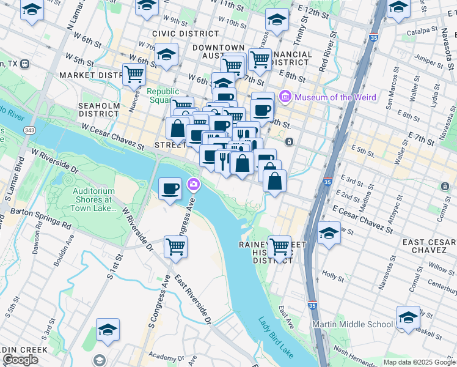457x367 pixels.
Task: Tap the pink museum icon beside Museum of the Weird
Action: (284, 97)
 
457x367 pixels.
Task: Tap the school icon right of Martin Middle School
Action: (408, 317)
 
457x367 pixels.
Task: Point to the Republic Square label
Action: (162, 96)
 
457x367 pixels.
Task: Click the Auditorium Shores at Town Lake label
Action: (93, 199)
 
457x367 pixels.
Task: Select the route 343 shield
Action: (30, 130)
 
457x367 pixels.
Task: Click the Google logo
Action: (20, 360)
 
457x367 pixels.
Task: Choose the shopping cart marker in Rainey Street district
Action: (279, 247)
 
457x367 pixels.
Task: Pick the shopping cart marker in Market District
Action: (134, 75)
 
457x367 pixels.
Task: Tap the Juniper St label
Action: (428, 60)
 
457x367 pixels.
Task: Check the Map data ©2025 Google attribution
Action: (419, 362)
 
